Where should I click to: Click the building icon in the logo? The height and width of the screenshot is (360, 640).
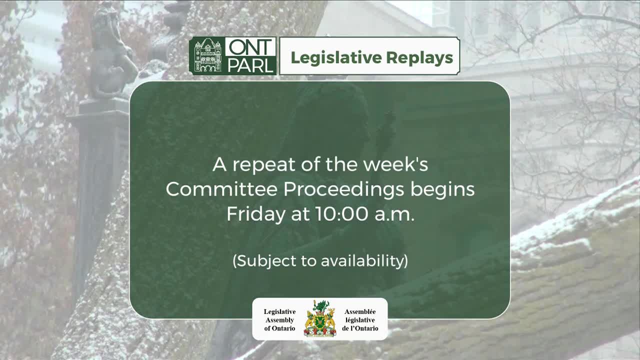207,56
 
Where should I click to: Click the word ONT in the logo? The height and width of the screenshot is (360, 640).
250,47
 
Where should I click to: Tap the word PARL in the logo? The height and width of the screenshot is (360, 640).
250,65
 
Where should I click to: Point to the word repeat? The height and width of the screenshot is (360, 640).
267,164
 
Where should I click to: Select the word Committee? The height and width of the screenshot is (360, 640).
221,189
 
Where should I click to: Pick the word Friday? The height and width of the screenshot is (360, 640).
254,214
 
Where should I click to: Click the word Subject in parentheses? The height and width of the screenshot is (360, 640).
262,260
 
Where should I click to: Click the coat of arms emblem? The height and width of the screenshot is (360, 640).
320,319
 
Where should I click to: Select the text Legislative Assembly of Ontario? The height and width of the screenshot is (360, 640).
279,320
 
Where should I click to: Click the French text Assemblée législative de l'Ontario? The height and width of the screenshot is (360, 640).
360,320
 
